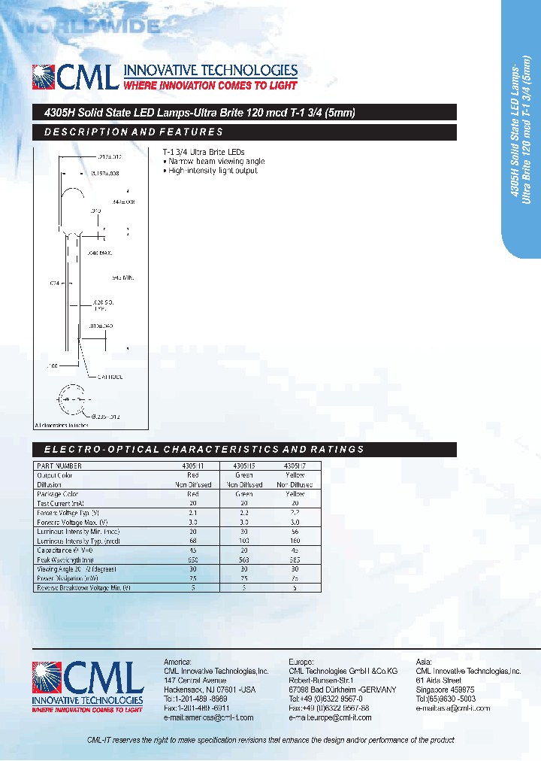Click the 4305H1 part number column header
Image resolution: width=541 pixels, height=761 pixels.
193,466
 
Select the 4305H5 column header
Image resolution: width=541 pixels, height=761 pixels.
245,466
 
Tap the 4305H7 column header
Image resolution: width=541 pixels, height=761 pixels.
295,466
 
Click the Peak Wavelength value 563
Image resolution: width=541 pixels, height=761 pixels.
245,560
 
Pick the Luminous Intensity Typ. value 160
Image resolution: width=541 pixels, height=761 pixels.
295,541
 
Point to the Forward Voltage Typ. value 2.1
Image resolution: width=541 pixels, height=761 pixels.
193,513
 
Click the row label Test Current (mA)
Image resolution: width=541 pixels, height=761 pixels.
61,504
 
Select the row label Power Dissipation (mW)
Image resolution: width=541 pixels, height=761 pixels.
68,579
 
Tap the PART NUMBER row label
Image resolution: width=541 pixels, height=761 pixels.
59,466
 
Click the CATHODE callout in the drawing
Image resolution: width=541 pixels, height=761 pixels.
106,376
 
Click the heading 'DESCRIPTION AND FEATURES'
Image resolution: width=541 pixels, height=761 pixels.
134,132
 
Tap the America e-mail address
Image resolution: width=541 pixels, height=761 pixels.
208,717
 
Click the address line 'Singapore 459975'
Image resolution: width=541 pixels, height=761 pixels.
445,689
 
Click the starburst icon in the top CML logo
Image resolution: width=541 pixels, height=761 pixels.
44,77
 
